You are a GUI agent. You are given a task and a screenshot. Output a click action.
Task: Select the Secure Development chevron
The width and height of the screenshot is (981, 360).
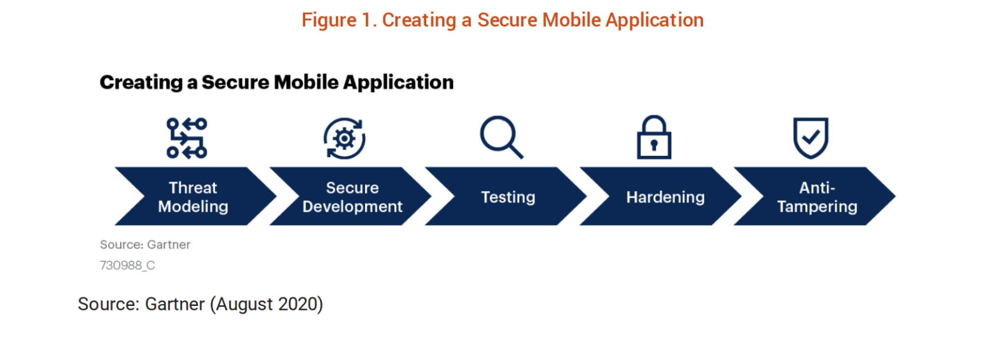(x=351, y=196)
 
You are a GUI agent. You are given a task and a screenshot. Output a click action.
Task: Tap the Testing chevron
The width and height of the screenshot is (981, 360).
(x=506, y=196)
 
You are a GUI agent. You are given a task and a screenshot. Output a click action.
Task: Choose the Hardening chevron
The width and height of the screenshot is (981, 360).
(x=661, y=196)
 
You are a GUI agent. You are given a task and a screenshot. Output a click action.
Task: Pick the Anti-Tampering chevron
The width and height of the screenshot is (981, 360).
(x=816, y=196)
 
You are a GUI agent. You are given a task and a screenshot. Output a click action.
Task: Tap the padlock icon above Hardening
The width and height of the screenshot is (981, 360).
(x=654, y=137)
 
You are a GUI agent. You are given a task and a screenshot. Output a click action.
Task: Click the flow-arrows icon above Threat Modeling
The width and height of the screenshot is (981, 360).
(x=187, y=139)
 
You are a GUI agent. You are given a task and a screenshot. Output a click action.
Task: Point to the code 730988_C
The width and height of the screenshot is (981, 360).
(x=127, y=265)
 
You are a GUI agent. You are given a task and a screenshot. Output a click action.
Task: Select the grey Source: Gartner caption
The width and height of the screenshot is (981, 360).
(x=145, y=244)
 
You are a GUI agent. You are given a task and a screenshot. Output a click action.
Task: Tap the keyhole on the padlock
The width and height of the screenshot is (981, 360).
(x=654, y=145)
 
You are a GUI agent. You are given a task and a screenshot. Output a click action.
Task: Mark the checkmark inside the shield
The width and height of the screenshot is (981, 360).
(x=811, y=137)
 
